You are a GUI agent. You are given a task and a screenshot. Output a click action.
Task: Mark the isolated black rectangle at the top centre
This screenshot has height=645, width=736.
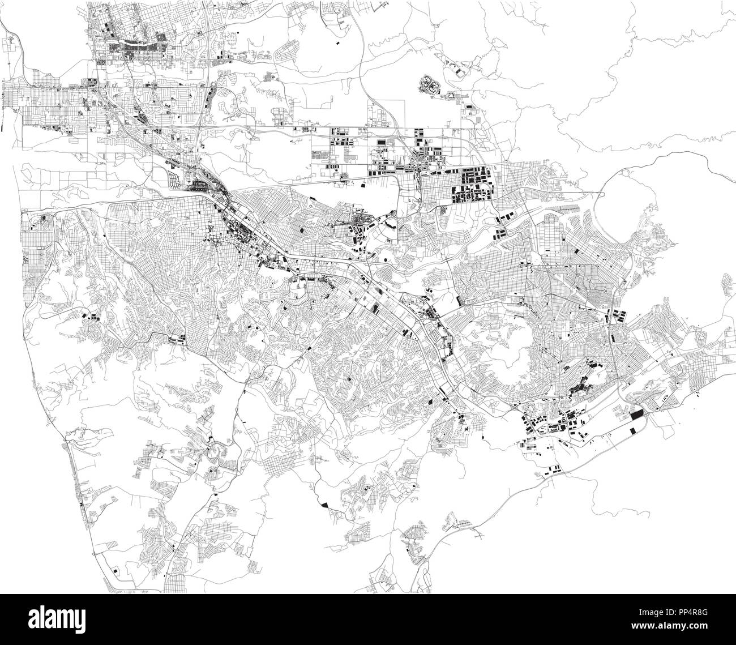pyautogui.click(x=339, y=42)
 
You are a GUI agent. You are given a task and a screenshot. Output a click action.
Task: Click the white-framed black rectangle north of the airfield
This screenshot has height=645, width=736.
pyautogui.click(x=380, y=140)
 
